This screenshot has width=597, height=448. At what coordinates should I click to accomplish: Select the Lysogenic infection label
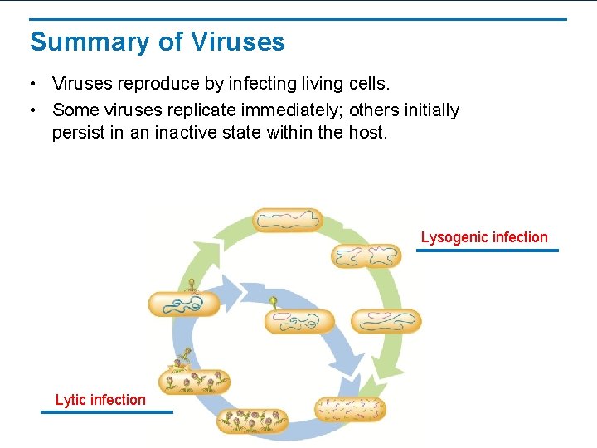484,237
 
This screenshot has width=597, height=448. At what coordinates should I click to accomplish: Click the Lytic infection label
100,400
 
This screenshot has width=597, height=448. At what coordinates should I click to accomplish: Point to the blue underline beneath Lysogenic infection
487,250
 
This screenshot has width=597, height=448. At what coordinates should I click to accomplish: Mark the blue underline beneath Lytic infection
107,411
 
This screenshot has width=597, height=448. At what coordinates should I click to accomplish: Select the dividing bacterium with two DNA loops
366,256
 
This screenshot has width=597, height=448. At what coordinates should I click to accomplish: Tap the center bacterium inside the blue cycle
299,321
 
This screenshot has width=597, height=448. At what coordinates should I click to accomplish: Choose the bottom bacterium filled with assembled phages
252,421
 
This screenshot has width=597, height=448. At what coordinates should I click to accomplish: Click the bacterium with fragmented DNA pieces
350,409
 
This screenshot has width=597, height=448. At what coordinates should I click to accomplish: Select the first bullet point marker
31,85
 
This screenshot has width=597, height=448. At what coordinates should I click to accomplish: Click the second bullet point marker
31,111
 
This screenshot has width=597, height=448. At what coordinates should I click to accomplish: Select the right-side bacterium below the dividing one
386,320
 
